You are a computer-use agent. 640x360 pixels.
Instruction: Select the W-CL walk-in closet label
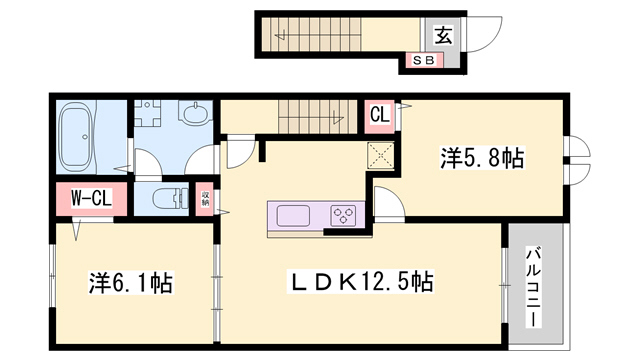pos(90,198)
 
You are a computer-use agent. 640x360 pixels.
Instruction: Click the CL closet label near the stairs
pos(380,114)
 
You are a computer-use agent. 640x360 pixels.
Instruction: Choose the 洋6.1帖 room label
pos(129,283)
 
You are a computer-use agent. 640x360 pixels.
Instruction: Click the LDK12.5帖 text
pos(360,282)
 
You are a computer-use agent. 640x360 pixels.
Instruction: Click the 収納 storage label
pos(205,197)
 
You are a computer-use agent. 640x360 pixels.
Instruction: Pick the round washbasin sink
pos(197,117)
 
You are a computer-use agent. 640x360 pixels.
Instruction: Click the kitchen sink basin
pos(295,215)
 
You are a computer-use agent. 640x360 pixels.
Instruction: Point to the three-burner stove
pos(343,215)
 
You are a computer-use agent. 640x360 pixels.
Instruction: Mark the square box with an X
pos(381,156)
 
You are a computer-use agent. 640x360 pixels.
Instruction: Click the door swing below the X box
pos(387,199)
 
